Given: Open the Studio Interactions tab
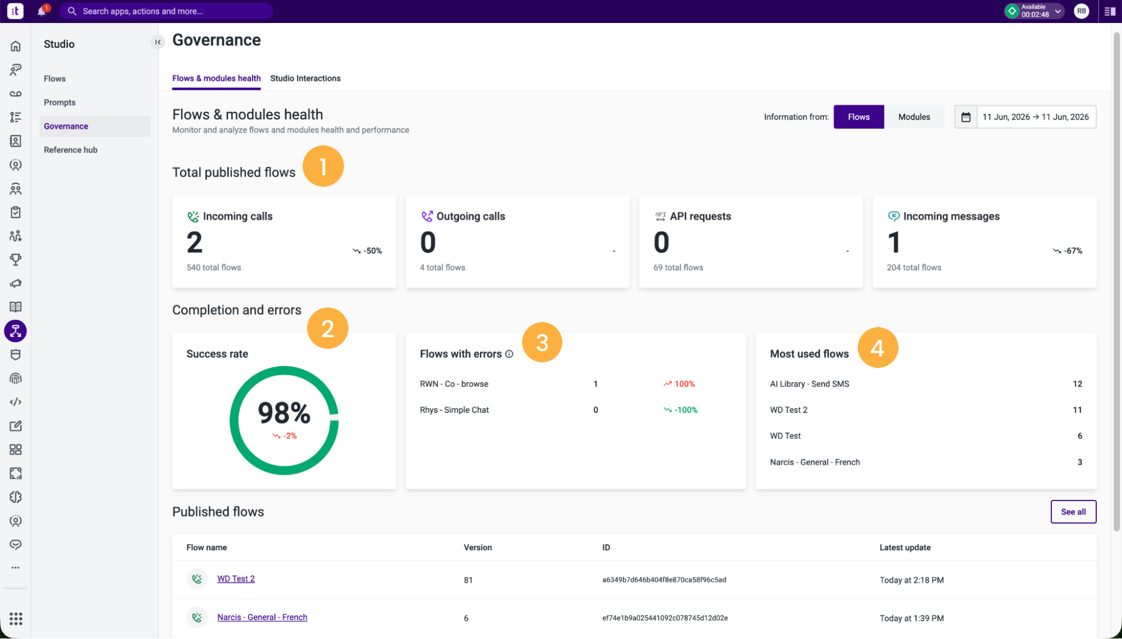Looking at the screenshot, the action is (x=305, y=79).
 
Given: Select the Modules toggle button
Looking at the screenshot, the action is (x=914, y=117).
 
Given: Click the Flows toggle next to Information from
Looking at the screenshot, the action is (x=859, y=117).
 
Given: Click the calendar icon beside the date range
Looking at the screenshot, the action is (x=966, y=117).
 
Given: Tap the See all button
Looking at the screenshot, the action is (x=1073, y=512).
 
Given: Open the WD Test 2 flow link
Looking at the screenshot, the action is (x=236, y=579).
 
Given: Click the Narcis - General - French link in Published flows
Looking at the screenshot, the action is (x=262, y=617).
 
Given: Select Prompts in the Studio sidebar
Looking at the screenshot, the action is (x=59, y=103).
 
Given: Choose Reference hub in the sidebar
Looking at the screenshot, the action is (x=71, y=150).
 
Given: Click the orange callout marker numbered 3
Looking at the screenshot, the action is (x=542, y=342).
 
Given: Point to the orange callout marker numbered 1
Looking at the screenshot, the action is (x=323, y=166).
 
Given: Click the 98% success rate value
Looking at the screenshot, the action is (x=284, y=413).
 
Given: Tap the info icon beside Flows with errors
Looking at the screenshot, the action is (x=509, y=354).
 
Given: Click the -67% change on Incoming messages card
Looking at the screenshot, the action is (x=1068, y=251).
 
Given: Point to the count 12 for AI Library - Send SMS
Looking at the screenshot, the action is (x=1077, y=384).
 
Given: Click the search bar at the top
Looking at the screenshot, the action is (x=166, y=11).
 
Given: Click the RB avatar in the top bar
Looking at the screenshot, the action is (x=1081, y=11).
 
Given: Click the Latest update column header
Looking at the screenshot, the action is (x=905, y=548).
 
